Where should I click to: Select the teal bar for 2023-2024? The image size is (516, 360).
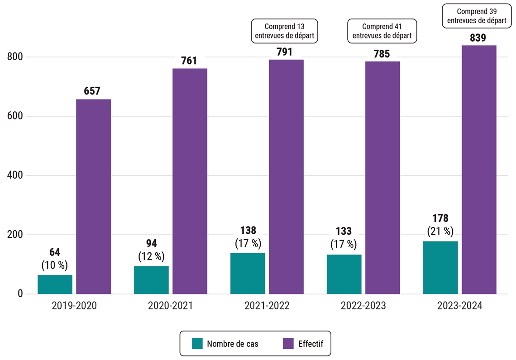tap(440, 267)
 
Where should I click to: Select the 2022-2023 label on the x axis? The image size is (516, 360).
tap(363, 306)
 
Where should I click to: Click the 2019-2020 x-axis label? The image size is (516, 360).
tap(74, 306)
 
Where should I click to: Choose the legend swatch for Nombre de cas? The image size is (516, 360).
tap(197, 343)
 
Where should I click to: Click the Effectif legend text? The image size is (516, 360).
tap(311, 344)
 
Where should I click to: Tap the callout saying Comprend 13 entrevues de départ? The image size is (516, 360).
tap(285, 31)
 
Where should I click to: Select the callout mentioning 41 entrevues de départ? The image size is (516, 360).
tap(382, 31)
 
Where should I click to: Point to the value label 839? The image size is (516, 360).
tap(478, 38)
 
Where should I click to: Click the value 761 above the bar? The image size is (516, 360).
tap(189, 61)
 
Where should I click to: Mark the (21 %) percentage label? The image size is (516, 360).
tap(440, 232)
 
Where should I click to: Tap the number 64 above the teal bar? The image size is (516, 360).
tap(55, 252)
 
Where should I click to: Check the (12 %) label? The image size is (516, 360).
tap(151, 256)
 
